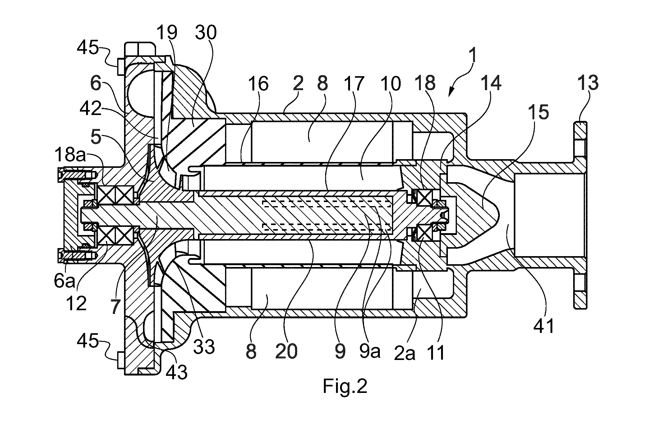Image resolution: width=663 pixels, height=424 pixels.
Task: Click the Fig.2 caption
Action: click(345, 386)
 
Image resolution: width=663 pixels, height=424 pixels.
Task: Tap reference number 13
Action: click(588, 83)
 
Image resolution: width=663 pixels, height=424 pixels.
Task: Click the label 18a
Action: click(70, 154)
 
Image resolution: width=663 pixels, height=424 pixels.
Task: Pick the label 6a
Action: click(65, 281)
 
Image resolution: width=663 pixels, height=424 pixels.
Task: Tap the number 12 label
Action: click(76, 303)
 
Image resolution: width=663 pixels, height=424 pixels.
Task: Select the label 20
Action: click(287, 351)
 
